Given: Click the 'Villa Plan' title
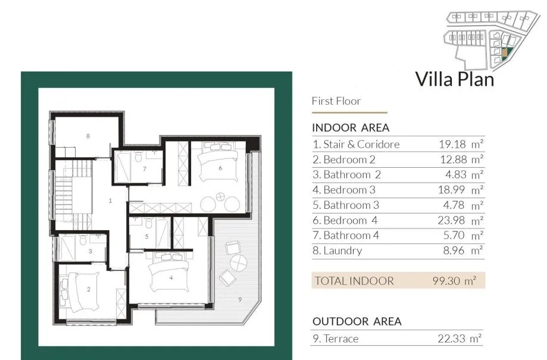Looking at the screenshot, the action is [455, 79].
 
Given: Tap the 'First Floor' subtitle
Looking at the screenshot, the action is [336, 101].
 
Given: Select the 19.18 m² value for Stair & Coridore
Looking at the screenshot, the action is [461, 144].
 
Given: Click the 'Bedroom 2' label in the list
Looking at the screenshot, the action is [349, 159].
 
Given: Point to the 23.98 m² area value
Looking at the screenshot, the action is [461, 220].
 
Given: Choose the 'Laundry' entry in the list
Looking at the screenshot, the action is [343, 251].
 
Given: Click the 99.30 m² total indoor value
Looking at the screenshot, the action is [454, 281].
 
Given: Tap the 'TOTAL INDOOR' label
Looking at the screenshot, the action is [354, 281].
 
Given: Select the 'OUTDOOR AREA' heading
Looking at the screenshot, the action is [357, 321].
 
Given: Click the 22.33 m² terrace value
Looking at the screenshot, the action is [460, 339].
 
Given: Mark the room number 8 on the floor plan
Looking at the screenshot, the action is [88, 136].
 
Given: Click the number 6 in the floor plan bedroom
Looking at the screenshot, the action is [220, 168].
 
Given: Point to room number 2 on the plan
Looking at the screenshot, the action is [89, 289].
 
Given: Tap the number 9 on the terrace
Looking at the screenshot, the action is [240, 300].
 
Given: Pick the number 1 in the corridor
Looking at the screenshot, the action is [110, 201].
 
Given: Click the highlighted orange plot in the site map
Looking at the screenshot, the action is [504, 52].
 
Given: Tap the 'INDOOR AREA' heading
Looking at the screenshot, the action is [351, 128].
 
